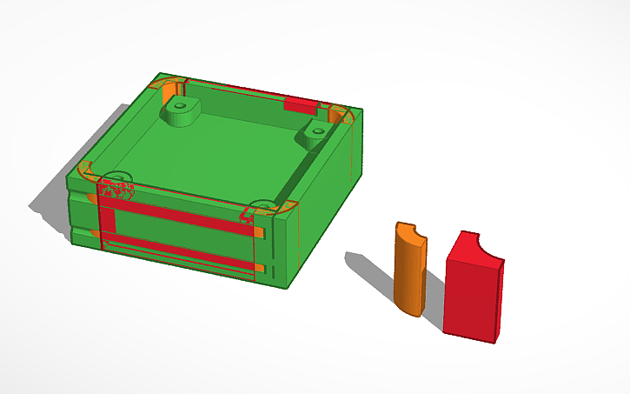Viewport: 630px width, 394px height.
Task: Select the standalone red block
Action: [472, 287]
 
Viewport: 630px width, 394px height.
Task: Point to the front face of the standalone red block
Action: [468, 296]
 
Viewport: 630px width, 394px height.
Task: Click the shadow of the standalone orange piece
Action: [369, 270]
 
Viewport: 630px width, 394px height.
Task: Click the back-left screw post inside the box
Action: [181, 111]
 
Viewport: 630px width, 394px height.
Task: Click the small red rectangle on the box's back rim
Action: [301, 105]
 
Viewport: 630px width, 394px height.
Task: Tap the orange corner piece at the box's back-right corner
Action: [338, 114]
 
